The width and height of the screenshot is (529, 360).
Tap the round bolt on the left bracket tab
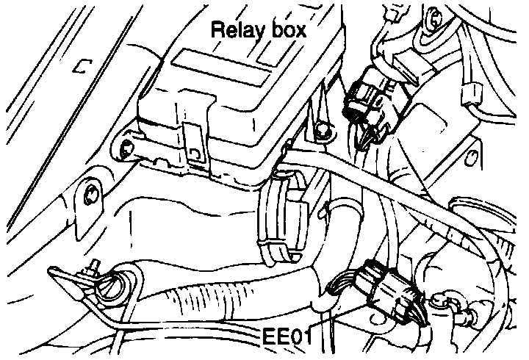[91, 195]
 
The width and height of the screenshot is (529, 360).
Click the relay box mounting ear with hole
[126, 147]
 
